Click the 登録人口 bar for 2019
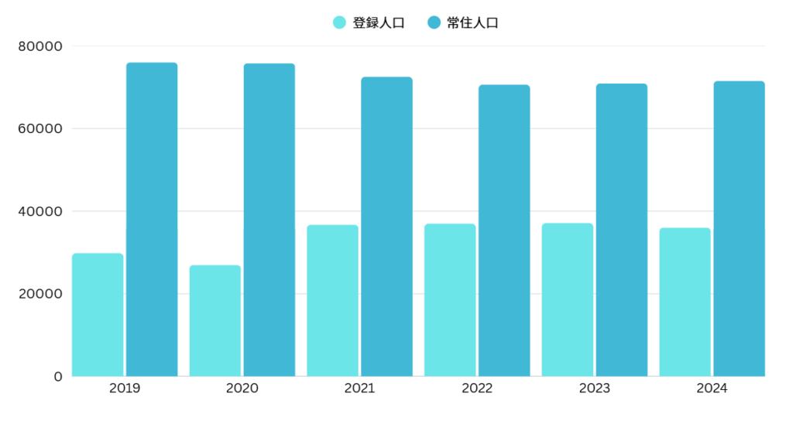(98, 315)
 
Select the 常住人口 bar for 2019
(152, 220)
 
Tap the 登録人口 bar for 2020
(215, 321)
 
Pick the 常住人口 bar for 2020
(269, 220)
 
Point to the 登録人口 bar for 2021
(332, 301)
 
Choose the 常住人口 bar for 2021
(386, 227)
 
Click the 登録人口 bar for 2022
(450, 300)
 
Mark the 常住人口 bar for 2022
(504, 231)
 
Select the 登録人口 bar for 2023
(568, 300)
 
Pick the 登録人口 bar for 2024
(685, 303)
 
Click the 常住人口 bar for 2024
(739, 229)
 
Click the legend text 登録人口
(379, 23)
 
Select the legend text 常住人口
(473, 23)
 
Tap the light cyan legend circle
(339, 23)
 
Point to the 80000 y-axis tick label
(39, 46)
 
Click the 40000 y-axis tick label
(39, 211)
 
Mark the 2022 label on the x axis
(477, 388)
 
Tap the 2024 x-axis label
(712, 388)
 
